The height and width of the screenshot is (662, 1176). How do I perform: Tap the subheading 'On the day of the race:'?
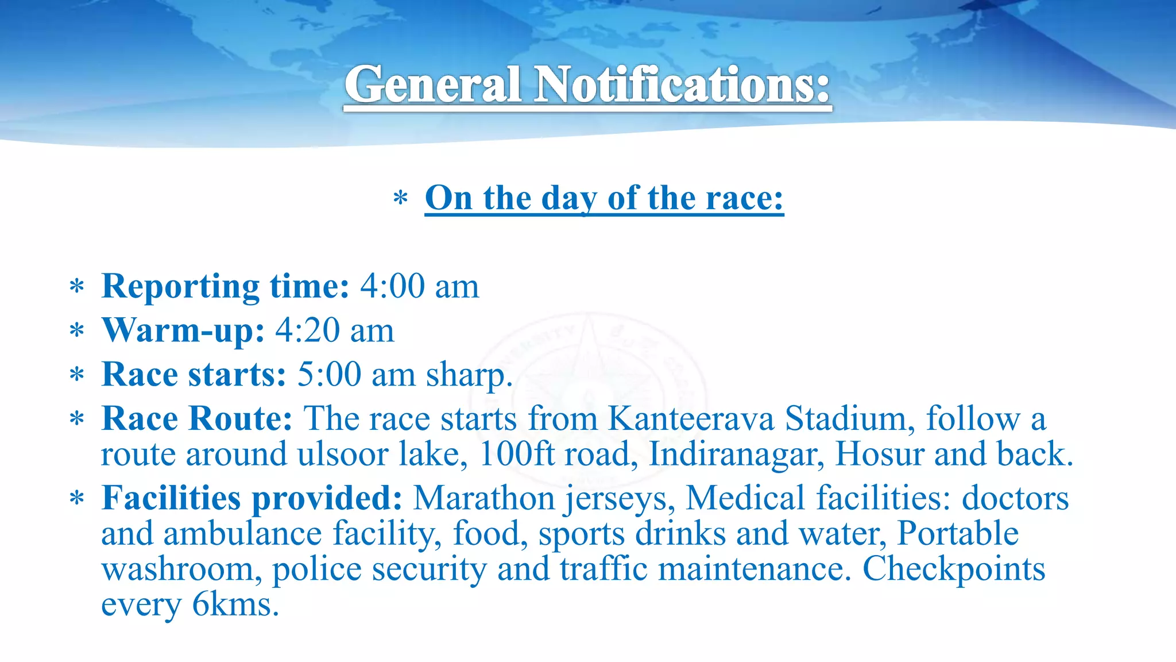click(x=604, y=198)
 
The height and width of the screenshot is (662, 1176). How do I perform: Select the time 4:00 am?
click(x=419, y=286)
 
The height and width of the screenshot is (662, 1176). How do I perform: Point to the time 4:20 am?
click(x=335, y=330)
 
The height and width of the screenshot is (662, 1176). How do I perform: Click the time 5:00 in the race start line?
click(x=329, y=375)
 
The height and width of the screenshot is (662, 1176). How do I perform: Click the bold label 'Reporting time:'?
click(x=225, y=286)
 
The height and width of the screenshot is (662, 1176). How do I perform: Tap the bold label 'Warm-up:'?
click(x=183, y=330)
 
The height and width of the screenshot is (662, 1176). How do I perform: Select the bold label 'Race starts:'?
click(x=194, y=375)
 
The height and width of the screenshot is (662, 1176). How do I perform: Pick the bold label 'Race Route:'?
click(x=197, y=418)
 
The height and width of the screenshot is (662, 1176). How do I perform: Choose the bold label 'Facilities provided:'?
click(x=252, y=498)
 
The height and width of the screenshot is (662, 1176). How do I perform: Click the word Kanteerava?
click(x=691, y=418)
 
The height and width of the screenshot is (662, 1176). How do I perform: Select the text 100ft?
click(x=516, y=454)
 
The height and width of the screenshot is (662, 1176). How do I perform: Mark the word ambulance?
click(x=242, y=533)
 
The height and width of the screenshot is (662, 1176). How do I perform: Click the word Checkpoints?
click(x=953, y=569)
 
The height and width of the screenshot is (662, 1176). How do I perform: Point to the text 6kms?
click(x=235, y=605)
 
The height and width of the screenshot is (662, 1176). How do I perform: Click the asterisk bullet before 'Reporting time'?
click(x=77, y=286)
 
